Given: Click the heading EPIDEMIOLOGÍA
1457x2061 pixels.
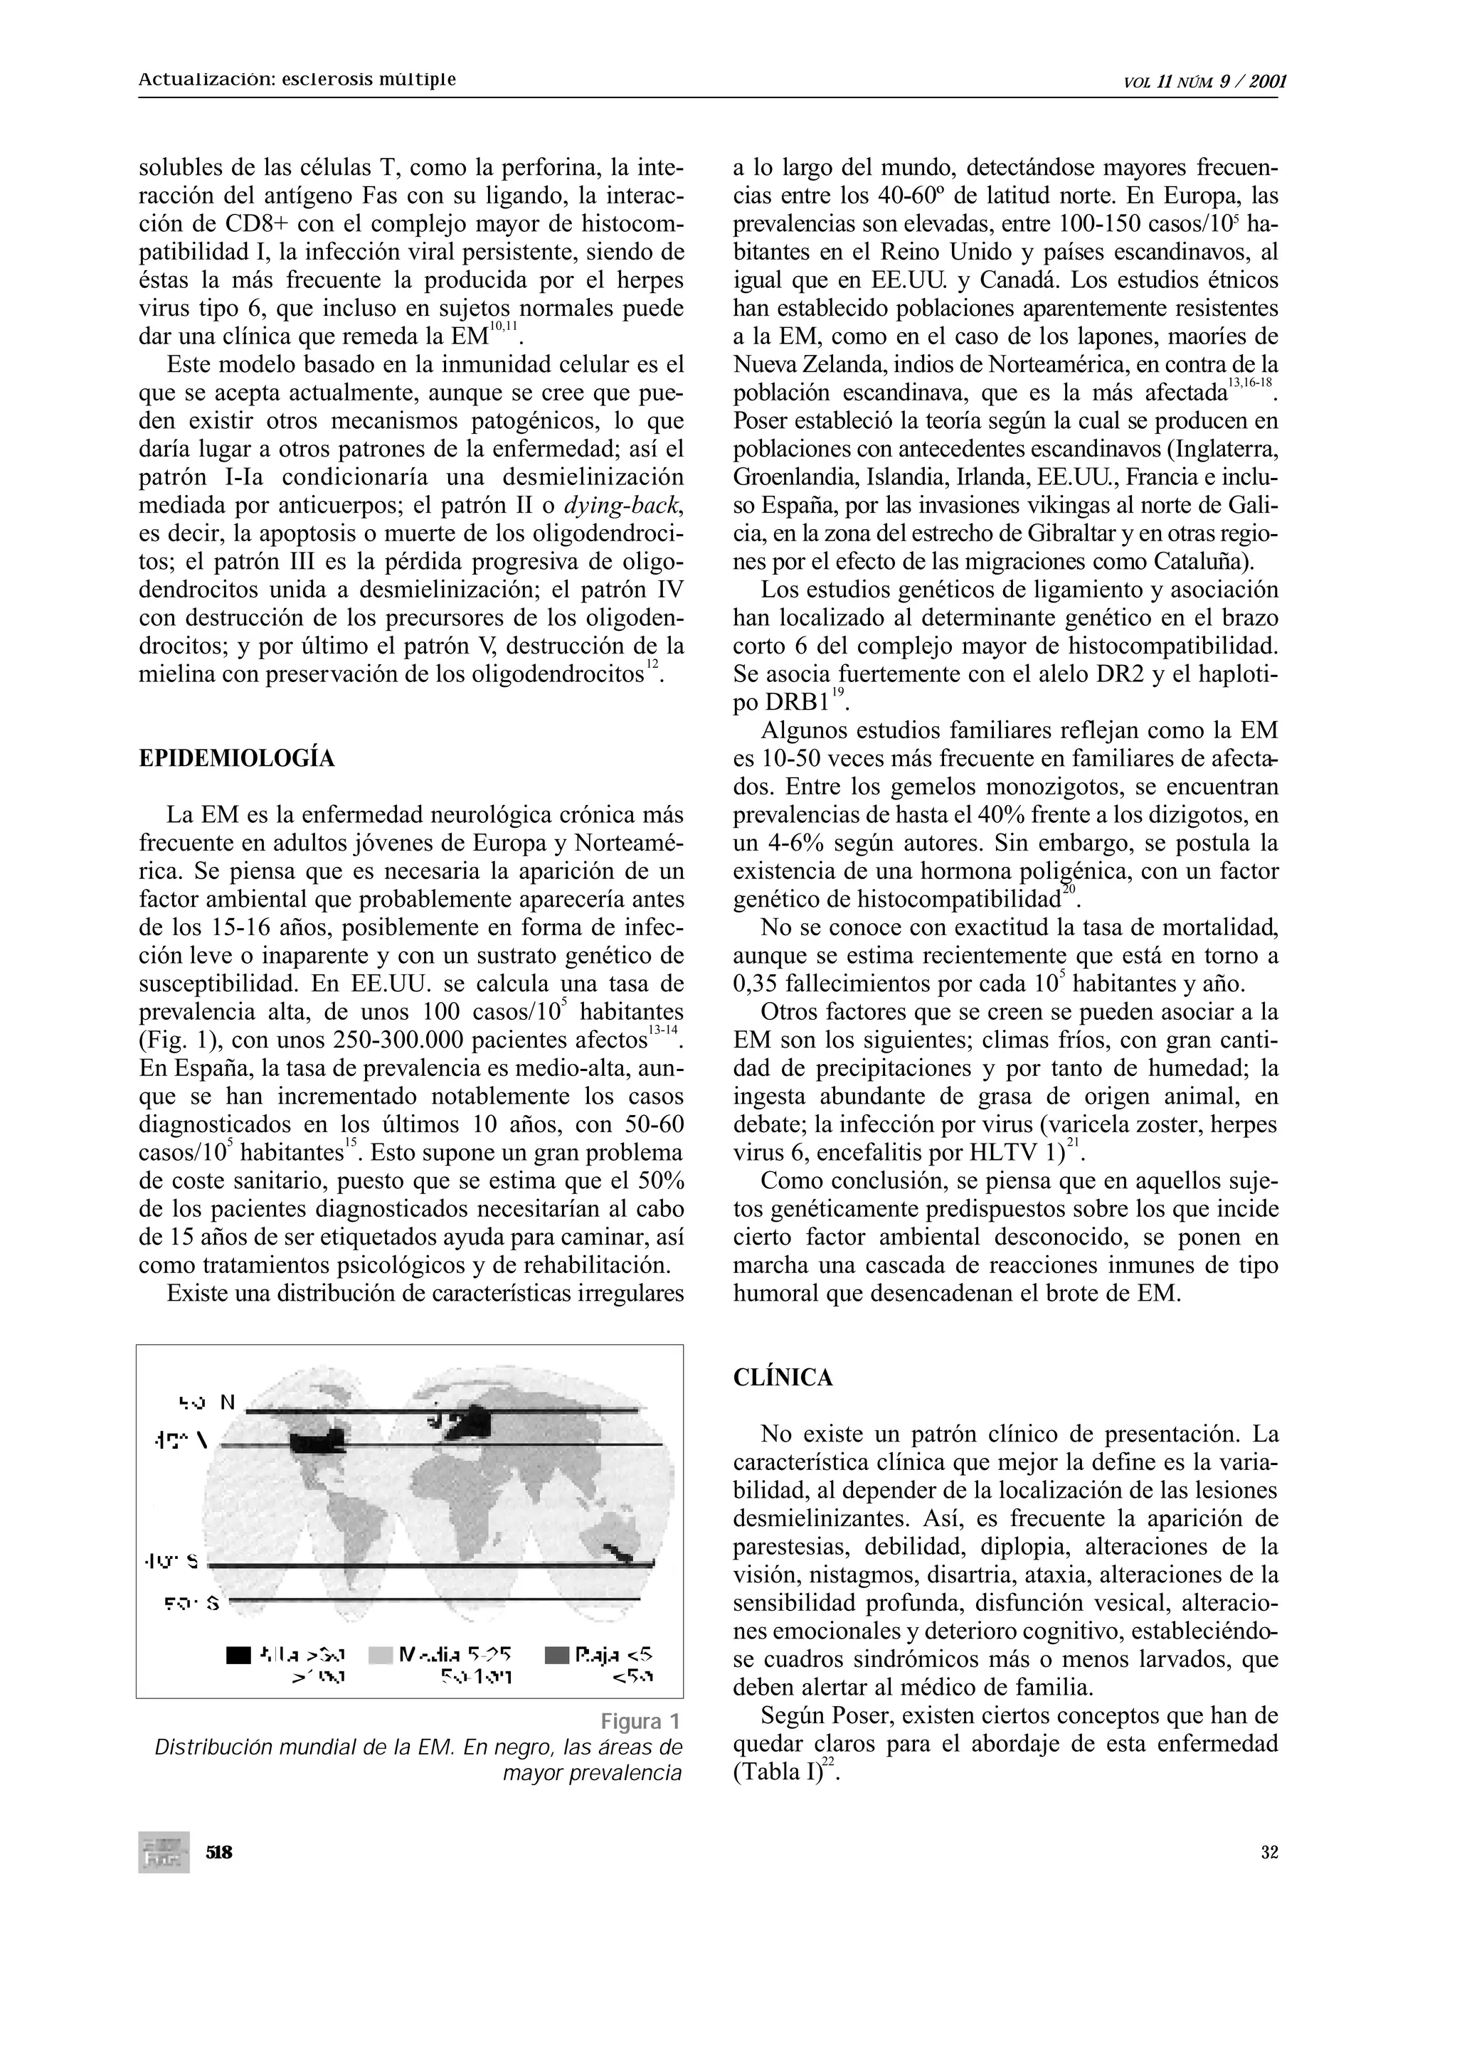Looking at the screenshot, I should [x=237, y=760].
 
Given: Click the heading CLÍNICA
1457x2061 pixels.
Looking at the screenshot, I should [x=783, y=1378].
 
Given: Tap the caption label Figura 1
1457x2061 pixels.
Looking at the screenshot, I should [x=640, y=1722].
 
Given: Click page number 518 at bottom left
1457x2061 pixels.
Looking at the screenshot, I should [x=219, y=1852].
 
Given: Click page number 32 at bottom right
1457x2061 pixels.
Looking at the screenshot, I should [x=1268, y=1853].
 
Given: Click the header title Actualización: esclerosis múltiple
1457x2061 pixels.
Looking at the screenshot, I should [x=297, y=79].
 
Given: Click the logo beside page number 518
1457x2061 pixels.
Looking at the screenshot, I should [x=164, y=1852].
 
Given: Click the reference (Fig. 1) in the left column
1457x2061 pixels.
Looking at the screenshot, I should [x=176, y=1041].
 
